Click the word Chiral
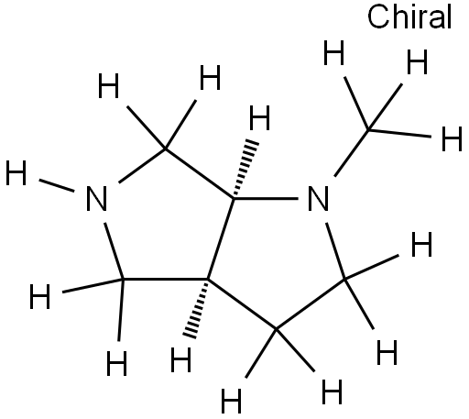(x=409, y=17)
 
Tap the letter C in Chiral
(x=377, y=17)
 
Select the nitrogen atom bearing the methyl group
(x=318, y=199)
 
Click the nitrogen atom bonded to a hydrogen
(x=97, y=199)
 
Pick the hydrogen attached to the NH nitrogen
(x=16, y=173)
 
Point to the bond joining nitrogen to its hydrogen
(x=57, y=186)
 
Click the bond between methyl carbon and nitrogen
(x=352, y=153)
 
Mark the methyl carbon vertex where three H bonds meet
(x=369, y=130)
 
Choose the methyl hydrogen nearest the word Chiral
(x=418, y=62)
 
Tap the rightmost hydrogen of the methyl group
(x=452, y=139)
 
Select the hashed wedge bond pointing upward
(x=246, y=169)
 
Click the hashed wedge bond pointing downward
(x=195, y=308)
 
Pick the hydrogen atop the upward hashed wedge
(x=259, y=118)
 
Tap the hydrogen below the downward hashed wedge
(x=181, y=359)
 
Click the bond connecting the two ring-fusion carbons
(x=221, y=238)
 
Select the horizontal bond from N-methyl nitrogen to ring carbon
(x=266, y=199)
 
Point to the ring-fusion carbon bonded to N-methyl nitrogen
(x=234, y=199)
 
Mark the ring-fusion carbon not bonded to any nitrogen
(x=208, y=280)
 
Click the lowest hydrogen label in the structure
(x=231, y=401)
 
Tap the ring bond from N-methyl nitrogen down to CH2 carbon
(x=335, y=251)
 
